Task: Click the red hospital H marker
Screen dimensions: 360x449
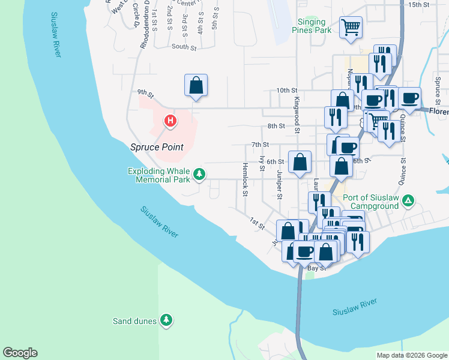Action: point(170,122)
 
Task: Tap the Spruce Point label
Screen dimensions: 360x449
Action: point(157,147)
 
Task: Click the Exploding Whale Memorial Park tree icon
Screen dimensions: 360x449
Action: point(199,175)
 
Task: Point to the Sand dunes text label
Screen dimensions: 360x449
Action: point(135,321)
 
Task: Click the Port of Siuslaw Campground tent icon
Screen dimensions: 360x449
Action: point(408,199)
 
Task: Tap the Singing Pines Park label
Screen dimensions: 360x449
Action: point(314,25)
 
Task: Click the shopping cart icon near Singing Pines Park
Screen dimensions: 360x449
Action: point(351,26)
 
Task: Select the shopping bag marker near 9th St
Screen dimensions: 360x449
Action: point(196,85)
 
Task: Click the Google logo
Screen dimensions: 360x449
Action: point(20,353)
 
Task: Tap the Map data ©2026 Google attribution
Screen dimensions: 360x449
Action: point(412,355)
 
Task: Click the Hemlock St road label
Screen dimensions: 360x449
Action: point(245,179)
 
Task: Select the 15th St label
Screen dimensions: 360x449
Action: point(418,4)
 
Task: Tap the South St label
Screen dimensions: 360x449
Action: point(184,46)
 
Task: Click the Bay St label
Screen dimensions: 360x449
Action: point(316,269)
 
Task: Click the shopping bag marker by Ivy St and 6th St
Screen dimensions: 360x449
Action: point(300,162)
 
